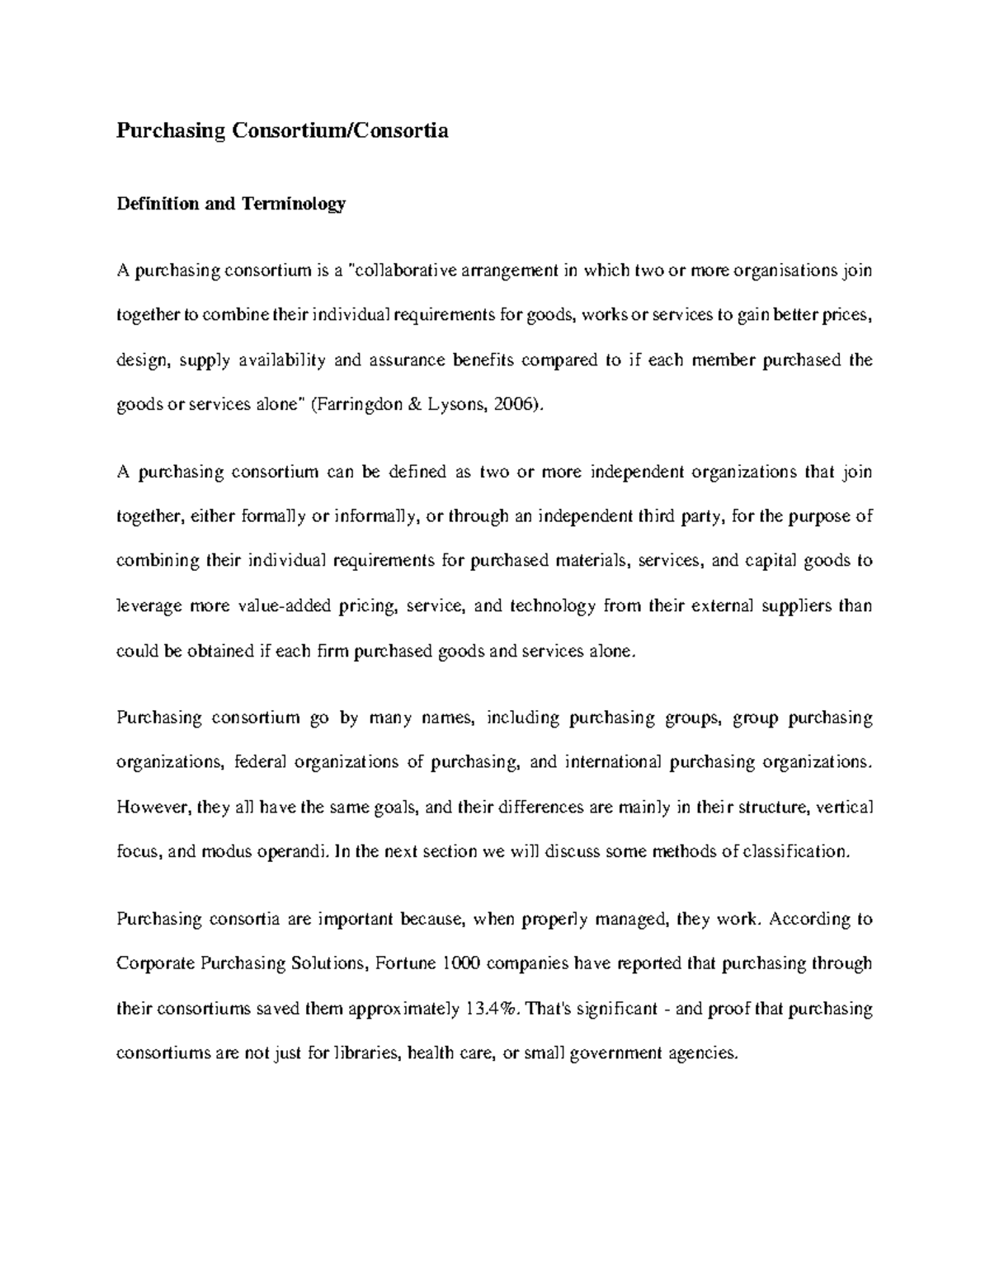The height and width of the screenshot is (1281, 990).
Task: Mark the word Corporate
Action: click(x=155, y=963)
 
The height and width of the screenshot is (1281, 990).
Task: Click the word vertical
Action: click(x=843, y=807)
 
